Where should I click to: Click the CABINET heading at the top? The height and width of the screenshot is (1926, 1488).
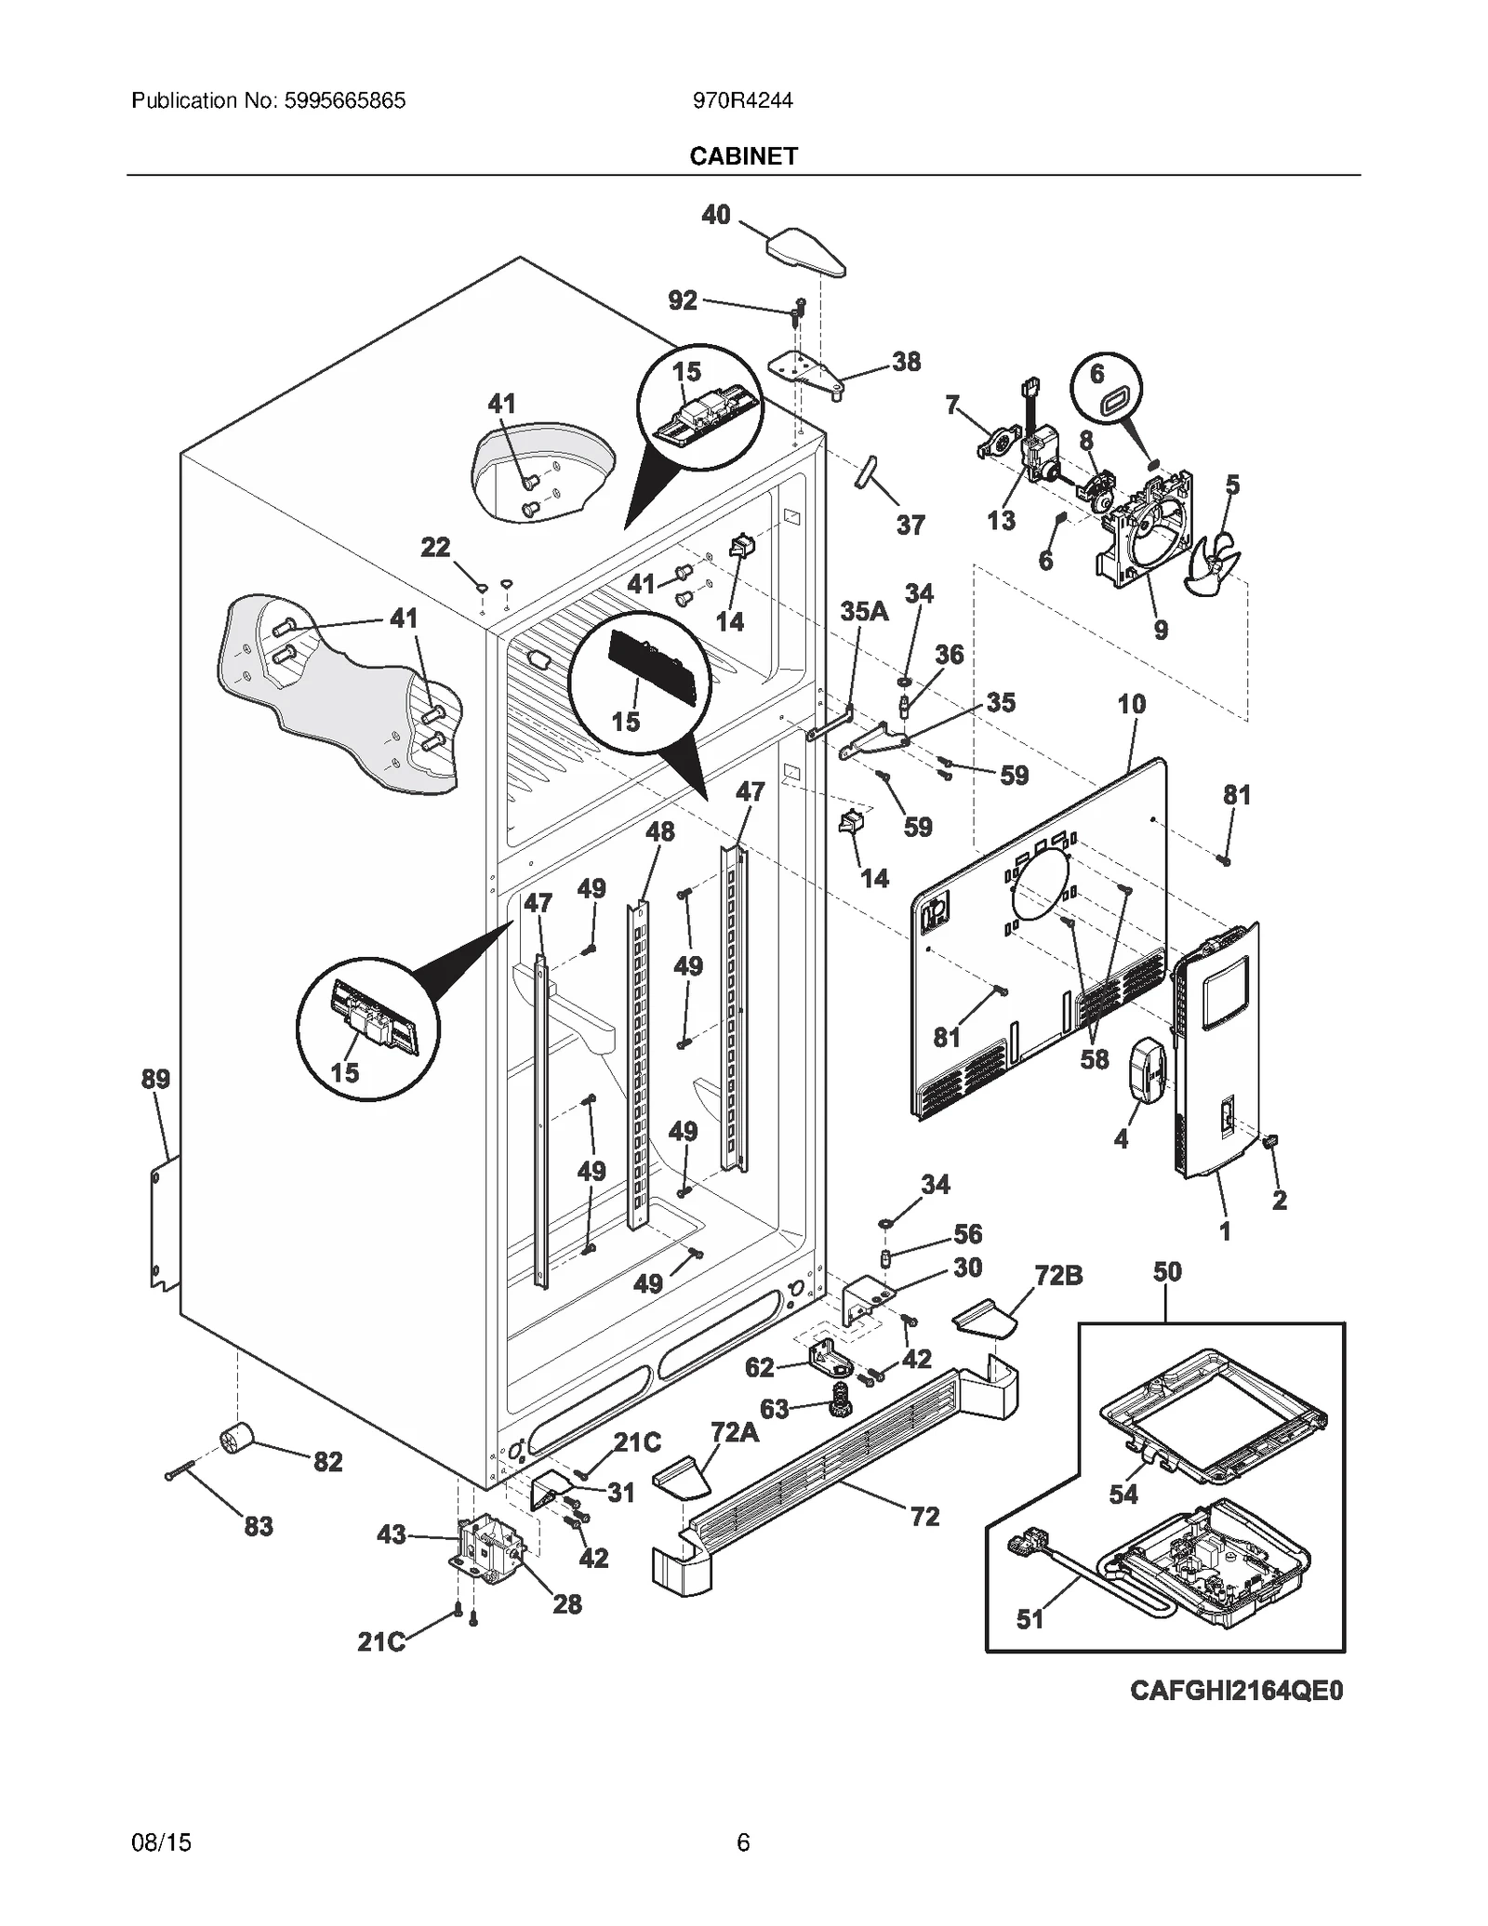click(x=743, y=156)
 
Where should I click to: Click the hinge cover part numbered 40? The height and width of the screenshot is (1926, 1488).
click(x=805, y=251)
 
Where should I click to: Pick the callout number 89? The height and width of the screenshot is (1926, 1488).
click(x=155, y=1079)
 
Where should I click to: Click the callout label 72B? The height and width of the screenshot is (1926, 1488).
click(x=1058, y=1276)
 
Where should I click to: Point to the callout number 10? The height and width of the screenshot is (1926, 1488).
click(x=1131, y=704)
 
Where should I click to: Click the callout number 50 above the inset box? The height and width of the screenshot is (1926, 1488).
click(x=1167, y=1271)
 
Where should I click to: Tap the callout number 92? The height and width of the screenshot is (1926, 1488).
click(x=683, y=300)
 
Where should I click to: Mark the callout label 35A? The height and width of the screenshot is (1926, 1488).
click(x=864, y=611)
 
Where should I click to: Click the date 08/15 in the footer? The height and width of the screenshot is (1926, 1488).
click(x=162, y=1842)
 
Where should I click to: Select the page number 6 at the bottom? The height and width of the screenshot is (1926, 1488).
click(x=743, y=1842)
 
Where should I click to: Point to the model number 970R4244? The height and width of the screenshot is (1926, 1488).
click(x=742, y=100)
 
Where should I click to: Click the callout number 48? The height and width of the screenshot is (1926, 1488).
click(x=659, y=831)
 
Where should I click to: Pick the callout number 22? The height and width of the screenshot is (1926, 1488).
click(x=435, y=547)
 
